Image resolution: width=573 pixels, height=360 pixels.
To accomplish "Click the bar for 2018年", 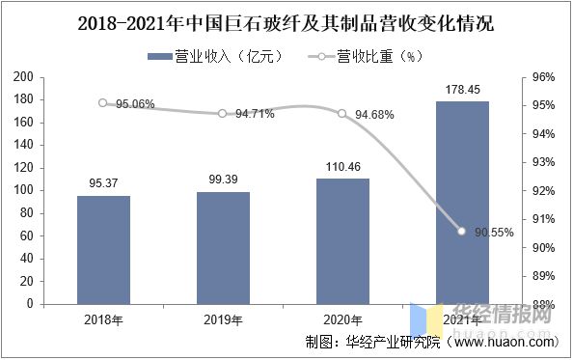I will coord(103,250).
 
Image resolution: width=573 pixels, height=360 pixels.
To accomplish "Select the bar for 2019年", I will coord(223,248).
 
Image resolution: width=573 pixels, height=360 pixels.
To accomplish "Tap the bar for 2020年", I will coord(342,241).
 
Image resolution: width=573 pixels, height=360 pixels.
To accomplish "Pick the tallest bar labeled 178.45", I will coord(462,203).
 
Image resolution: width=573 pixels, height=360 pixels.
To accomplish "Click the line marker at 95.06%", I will coord(103,102).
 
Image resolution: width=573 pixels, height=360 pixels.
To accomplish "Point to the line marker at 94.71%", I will coord(223,113).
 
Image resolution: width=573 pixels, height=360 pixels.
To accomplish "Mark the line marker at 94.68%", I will coord(342,113).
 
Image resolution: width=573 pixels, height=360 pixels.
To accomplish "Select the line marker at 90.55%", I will coord(462,232).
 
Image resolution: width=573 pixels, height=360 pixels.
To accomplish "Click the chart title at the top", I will coord(286,21).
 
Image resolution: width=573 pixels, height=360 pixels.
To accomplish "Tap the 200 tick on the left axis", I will coord(51,77).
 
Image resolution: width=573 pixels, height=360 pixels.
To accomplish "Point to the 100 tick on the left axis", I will coord(51,190).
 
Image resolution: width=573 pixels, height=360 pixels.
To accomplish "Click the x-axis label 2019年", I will coord(223,318).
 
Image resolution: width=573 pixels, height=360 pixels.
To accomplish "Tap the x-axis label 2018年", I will coord(103,318).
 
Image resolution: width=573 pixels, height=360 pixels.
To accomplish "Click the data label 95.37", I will coord(103,184).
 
